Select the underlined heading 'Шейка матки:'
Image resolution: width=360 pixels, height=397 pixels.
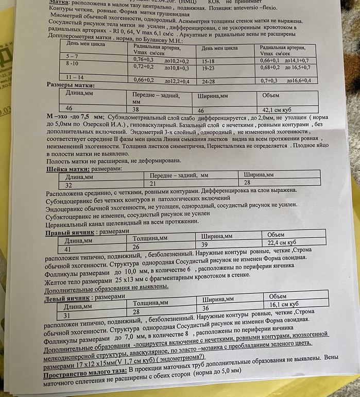click(x=68, y=169)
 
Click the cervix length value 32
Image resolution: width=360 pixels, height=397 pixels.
click(x=68, y=184)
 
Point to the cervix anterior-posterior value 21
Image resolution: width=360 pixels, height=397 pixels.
click(x=152, y=184)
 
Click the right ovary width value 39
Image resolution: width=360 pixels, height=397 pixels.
click(x=204, y=244)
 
